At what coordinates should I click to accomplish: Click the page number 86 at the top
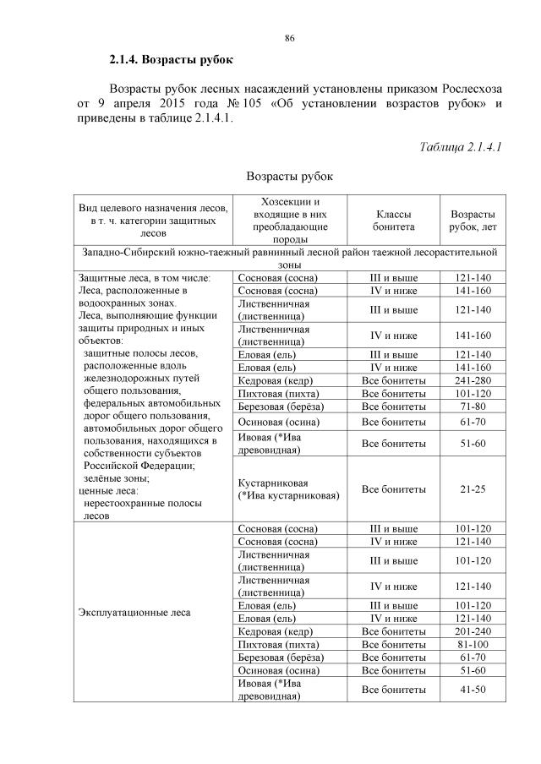289,39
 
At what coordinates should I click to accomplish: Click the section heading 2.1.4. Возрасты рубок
170,61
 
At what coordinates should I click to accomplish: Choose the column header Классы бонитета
395,221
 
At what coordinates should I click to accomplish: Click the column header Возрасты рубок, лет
473,221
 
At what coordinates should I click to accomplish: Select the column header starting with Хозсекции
290,221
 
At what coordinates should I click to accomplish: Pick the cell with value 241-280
473,380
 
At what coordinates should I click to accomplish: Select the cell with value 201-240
473,631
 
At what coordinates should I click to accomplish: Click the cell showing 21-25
473,488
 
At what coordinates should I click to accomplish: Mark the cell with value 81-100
473,644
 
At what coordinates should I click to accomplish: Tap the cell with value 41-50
473,690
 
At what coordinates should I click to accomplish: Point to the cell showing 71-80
473,406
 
